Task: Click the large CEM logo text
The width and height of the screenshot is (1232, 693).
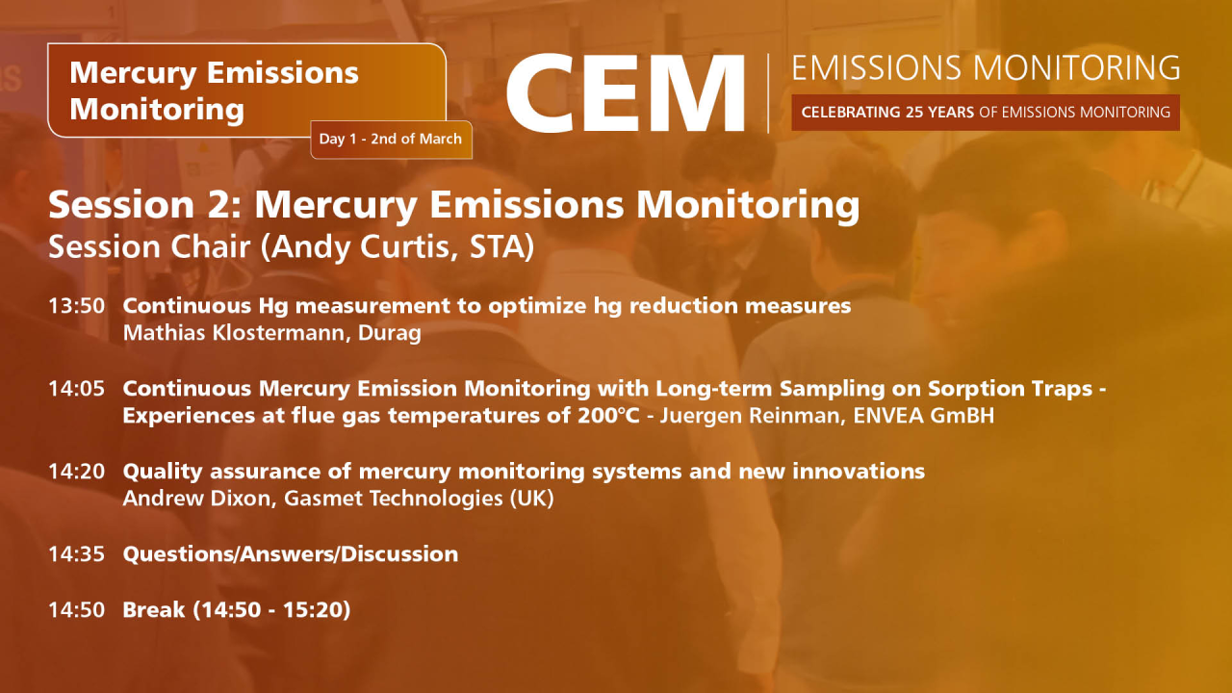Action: (626, 93)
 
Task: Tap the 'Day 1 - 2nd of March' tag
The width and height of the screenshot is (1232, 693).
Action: (391, 139)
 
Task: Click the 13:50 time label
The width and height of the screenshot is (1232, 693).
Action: (76, 306)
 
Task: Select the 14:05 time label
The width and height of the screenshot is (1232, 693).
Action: (76, 389)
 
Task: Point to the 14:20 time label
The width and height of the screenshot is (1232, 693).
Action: (76, 472)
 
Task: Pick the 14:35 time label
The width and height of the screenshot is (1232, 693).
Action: (76, 554)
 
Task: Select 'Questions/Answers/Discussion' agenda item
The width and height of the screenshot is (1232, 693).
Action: (290, 554)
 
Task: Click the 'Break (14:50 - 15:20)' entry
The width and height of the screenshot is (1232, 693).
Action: (236, 609)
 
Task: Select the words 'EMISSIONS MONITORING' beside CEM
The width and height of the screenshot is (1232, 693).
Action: (986, 67)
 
